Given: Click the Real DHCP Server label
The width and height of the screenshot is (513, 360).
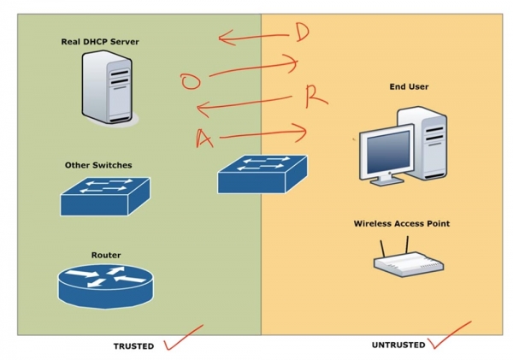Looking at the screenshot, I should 100,41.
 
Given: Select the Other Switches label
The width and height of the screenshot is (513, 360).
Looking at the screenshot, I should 98,165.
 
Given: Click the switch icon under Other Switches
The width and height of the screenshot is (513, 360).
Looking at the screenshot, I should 104,196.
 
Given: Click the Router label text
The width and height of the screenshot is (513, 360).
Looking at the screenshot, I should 106,255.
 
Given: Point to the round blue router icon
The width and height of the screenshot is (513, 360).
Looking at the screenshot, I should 105,286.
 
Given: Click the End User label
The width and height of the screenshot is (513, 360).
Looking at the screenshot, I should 409,86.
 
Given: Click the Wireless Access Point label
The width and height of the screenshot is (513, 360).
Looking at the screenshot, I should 401,224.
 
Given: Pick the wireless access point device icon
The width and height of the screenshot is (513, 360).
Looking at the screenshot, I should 408,261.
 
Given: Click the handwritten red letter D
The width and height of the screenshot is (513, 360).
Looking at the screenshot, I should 301,32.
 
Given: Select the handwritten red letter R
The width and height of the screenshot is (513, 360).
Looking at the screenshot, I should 315,97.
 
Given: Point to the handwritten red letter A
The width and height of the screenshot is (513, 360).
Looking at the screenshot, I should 203,138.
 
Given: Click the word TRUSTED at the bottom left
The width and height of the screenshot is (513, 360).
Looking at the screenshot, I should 133,346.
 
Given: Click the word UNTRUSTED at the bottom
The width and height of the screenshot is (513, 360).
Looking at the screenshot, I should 398,345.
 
